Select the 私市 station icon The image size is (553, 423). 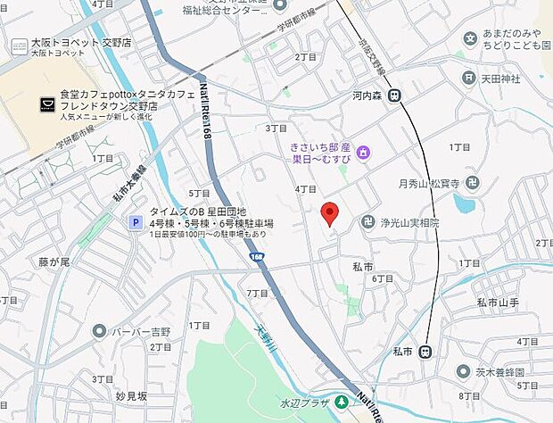point(426,350)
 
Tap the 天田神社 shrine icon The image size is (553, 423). point(468,79)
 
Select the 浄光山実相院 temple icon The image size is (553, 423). point(367,223)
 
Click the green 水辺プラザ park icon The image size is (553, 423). point(341,400)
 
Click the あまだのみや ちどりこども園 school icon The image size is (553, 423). point(470,38)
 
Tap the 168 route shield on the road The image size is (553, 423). point(257,257)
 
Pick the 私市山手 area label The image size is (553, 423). point(498,303)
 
